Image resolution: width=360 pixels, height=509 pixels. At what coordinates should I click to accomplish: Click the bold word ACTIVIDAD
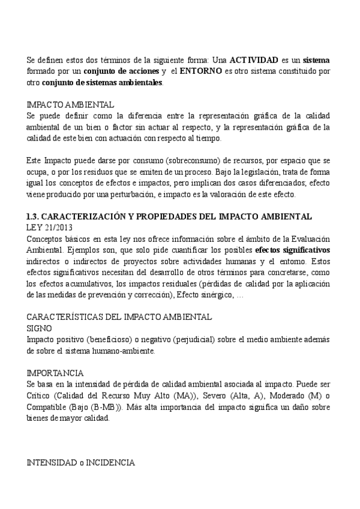coord(254,60)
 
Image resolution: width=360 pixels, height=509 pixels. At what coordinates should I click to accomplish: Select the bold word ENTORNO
coord(193,71)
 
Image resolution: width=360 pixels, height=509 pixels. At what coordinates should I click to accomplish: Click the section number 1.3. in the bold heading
coord(34,216)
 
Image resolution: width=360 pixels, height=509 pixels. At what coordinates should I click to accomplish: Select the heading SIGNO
coord(40,329)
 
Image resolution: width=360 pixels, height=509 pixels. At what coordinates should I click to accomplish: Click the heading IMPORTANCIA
coord(56,373)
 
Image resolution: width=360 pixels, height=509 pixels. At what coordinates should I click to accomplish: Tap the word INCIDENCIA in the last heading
coord(110,463)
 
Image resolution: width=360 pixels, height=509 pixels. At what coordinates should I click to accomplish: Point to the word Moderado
coord(292,396)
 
